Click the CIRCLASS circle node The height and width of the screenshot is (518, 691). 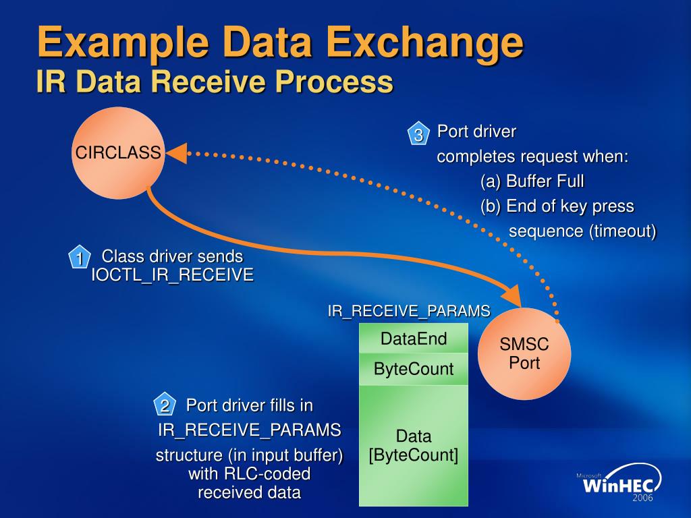point(118,154)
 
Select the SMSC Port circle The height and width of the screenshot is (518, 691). point(524,353)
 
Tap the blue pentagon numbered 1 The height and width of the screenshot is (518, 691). point(79,258)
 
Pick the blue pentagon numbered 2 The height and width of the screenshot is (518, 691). point(165,405)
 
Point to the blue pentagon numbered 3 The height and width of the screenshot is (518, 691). point(418,134)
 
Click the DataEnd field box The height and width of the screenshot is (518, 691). point(414,339)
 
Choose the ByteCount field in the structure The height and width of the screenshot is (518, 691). point(414,370)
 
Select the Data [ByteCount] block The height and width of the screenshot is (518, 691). point(414,446)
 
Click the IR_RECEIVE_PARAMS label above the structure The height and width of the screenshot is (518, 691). point(409,311)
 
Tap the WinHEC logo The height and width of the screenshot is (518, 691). point(619,482)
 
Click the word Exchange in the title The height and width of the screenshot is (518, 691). point(422,42)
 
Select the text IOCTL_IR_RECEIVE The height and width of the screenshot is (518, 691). point(172,275)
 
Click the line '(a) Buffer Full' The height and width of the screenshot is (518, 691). point(532,181)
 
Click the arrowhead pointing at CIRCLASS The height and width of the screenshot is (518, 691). point(177,154)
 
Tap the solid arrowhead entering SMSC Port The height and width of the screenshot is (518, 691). point(512,297)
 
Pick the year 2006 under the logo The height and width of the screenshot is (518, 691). point(643,498)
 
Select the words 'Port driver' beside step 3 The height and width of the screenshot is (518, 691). point(476,132)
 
